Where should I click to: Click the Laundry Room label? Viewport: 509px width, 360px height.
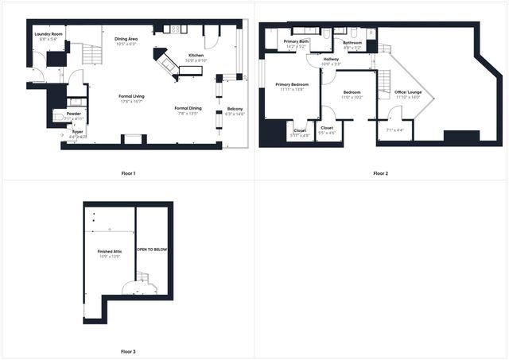point(49,34)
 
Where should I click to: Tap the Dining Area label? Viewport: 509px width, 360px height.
point(126,38)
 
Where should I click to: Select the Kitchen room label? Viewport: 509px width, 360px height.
point(196,55)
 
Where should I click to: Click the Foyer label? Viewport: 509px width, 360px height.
point(77,132)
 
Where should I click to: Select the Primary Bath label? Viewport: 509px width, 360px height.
point(296,41)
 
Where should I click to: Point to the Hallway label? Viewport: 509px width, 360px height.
point(331,59)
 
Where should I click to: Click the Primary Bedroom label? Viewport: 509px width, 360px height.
point(292,84)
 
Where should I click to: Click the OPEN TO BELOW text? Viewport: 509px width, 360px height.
point(152,250)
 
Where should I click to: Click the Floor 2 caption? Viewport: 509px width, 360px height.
point(380,173)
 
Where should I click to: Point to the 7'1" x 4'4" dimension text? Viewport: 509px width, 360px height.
point(395,130)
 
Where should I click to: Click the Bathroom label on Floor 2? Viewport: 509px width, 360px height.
point(352,43)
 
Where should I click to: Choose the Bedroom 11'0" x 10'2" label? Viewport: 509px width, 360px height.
point(352,92)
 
